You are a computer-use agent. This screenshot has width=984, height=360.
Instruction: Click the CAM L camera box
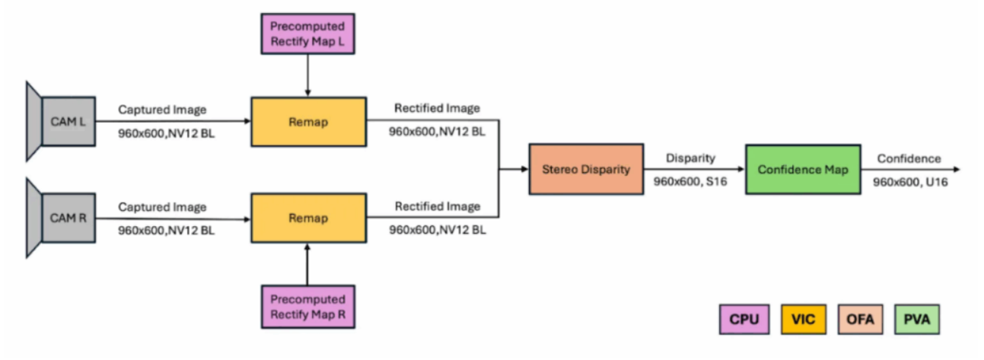[68, 121]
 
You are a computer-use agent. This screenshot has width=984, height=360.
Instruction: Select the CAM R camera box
[68, 218]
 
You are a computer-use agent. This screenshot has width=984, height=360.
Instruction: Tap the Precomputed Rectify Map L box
[307, 34]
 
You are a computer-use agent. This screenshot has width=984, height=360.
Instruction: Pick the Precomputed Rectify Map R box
[307, 306]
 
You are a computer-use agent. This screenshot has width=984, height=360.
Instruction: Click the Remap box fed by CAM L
[308, 121]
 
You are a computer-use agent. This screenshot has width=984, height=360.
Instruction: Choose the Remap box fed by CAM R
[308, 218]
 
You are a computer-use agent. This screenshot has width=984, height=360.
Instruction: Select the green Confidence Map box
[803, 169]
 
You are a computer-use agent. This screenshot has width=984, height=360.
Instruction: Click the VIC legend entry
[802, 319]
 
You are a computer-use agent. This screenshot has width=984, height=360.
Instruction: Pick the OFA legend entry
[864, 319]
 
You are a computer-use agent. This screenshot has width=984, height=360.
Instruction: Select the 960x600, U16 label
[909, 183]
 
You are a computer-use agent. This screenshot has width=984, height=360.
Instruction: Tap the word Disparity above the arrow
[691, 158]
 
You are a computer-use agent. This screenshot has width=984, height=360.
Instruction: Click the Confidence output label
[909, 158]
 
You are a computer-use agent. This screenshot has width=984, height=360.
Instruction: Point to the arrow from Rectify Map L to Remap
[307, 75]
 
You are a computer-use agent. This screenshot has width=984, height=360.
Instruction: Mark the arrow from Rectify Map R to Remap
[307, 263]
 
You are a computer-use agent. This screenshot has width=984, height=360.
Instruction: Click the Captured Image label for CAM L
[162, 110]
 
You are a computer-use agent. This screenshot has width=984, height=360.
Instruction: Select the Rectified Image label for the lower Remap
[437, 206]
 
